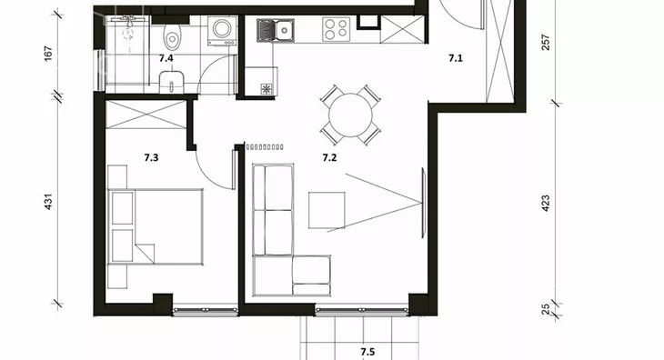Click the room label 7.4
tap(166, 58)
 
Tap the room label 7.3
tap(151, 158)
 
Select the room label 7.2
tap(329, 158)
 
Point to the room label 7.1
tap(456, 58)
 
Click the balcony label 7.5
tap(367, 352)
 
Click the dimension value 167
tap(49, 54)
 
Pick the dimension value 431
tap(49, 201)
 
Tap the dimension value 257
tap(546, 43)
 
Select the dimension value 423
tap(546, 203)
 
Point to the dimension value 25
tap(546, 309)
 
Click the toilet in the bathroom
tap(172, 36)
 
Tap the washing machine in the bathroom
tap(222, 31)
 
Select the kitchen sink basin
tap(283, 30)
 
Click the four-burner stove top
tap(337, 29)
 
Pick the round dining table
tap(350, 115)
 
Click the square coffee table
tap(327, 210)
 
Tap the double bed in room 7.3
tap(156, 226)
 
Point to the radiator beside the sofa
tap(265, 147)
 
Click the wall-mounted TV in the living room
tap(423, 203)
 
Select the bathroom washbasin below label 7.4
tap(172, 82)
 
